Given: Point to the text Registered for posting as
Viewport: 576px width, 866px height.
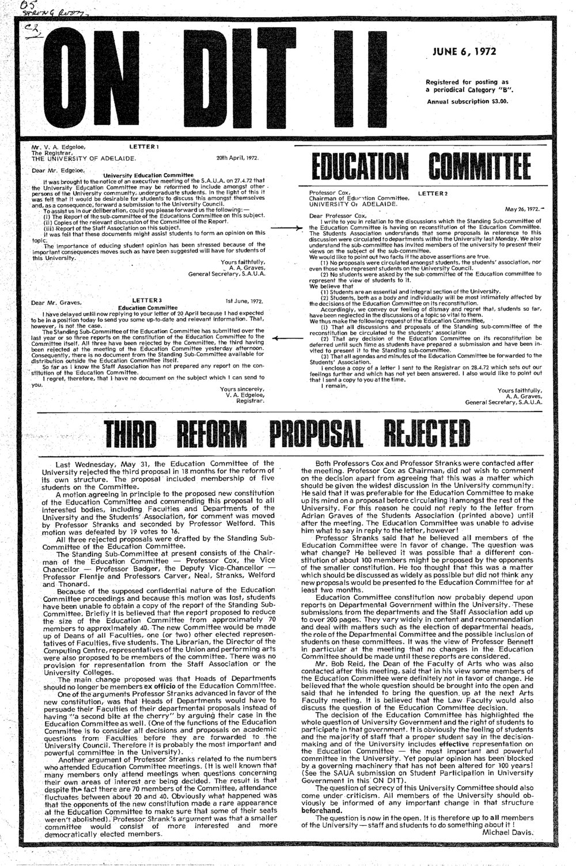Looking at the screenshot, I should (467, 82).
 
